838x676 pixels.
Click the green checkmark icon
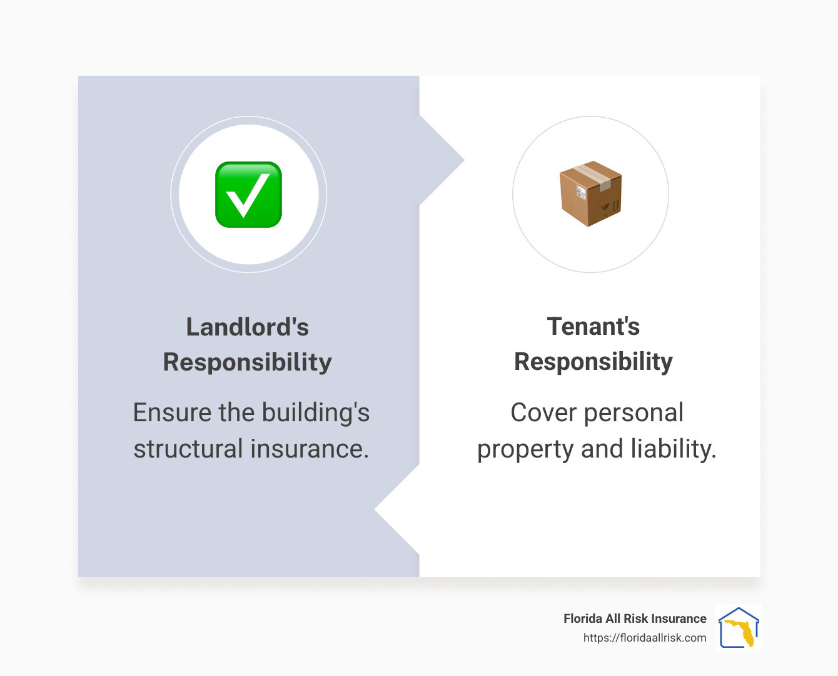pos(248,195)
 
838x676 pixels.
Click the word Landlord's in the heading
pos(248,327)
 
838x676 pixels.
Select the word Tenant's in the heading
pos(593,326)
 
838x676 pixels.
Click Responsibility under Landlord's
pos(248,362)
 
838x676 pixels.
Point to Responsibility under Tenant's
pos(593,361)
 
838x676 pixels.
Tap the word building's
pos(315,413)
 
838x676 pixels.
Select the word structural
pos(188,449)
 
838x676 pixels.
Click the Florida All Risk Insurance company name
pos(635,618)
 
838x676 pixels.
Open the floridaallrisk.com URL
pos(645,638)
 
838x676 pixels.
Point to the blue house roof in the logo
pos(739,613)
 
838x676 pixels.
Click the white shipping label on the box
pos(580,193)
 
